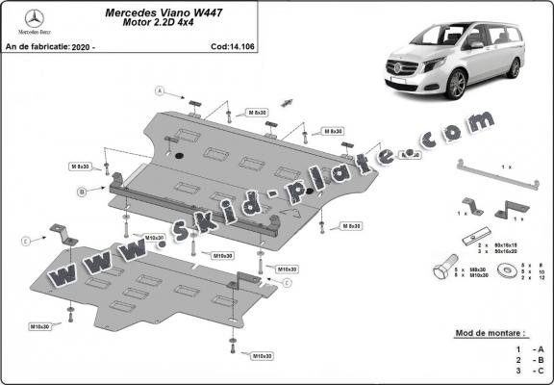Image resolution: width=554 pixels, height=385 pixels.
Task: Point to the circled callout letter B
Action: (83, 192)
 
